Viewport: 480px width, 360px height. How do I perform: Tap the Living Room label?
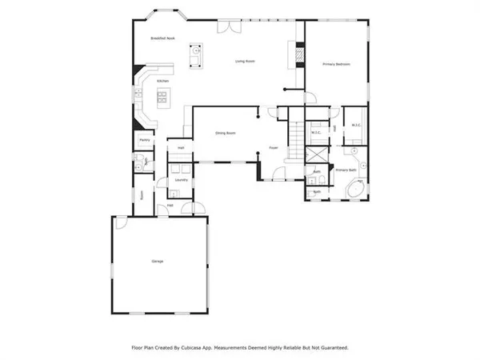click(245, 61)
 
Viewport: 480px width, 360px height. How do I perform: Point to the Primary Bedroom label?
click(337, 64)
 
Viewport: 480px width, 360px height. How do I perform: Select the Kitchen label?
click(162, 81)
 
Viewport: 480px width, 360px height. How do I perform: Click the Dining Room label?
click(225, 133)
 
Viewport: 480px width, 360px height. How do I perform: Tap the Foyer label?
click(273, 148)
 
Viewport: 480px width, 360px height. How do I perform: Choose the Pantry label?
click(145, 140)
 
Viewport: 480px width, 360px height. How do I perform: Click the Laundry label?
click(182, 181)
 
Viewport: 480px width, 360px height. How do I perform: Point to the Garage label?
click(157, 262)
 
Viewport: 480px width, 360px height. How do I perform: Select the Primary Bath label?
click(346, 170)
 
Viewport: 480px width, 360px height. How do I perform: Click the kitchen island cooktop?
click(163, 98)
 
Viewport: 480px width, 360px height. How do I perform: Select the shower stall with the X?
click(316, 154)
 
